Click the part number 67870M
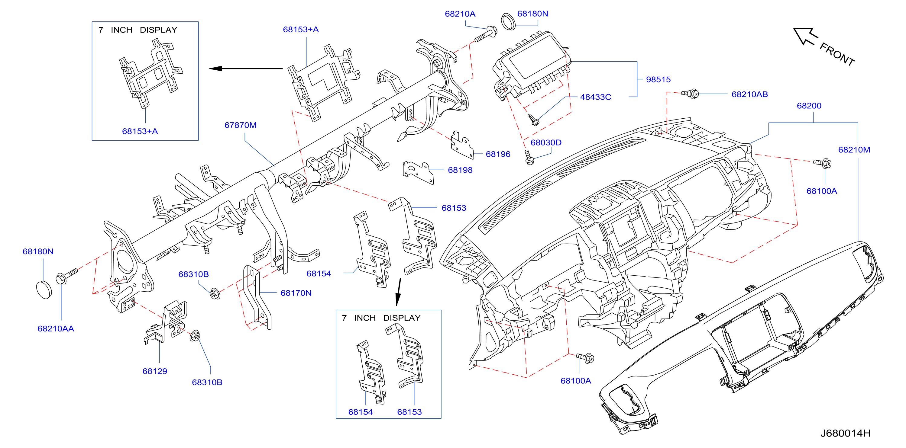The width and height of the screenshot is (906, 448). (241, 125)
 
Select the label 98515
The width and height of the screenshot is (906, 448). (658, 79)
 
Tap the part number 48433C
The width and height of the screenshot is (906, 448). (595, 97)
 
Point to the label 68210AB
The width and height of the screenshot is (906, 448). (749, 94)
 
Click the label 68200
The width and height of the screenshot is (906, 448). (809, 106)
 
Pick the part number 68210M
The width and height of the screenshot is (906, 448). (854, 150)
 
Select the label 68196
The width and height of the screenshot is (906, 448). (498, 154)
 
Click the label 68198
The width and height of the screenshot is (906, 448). (460, 170)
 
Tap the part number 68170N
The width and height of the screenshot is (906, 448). (296, 293)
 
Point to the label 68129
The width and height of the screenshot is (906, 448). (155, 371)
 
